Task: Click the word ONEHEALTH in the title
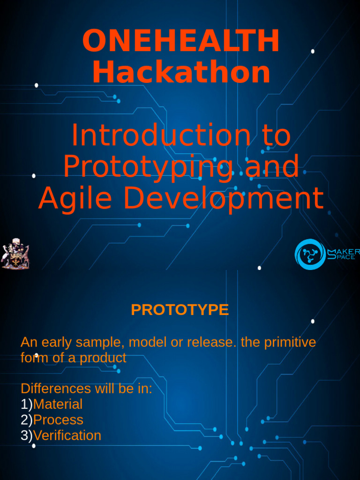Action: point(180,41)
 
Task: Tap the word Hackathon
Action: point(181,73)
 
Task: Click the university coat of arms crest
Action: point(15,254)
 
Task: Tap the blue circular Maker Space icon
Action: point(310,254)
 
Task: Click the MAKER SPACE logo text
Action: point(343,254)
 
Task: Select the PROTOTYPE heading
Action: point(180,310)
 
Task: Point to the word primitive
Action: point(289,343)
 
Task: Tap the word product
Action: point(103,358)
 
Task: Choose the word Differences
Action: point(56,389)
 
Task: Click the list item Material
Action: point(58,404)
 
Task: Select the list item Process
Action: point(58,420)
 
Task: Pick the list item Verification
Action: point(67,435)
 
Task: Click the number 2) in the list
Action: point(26,420)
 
